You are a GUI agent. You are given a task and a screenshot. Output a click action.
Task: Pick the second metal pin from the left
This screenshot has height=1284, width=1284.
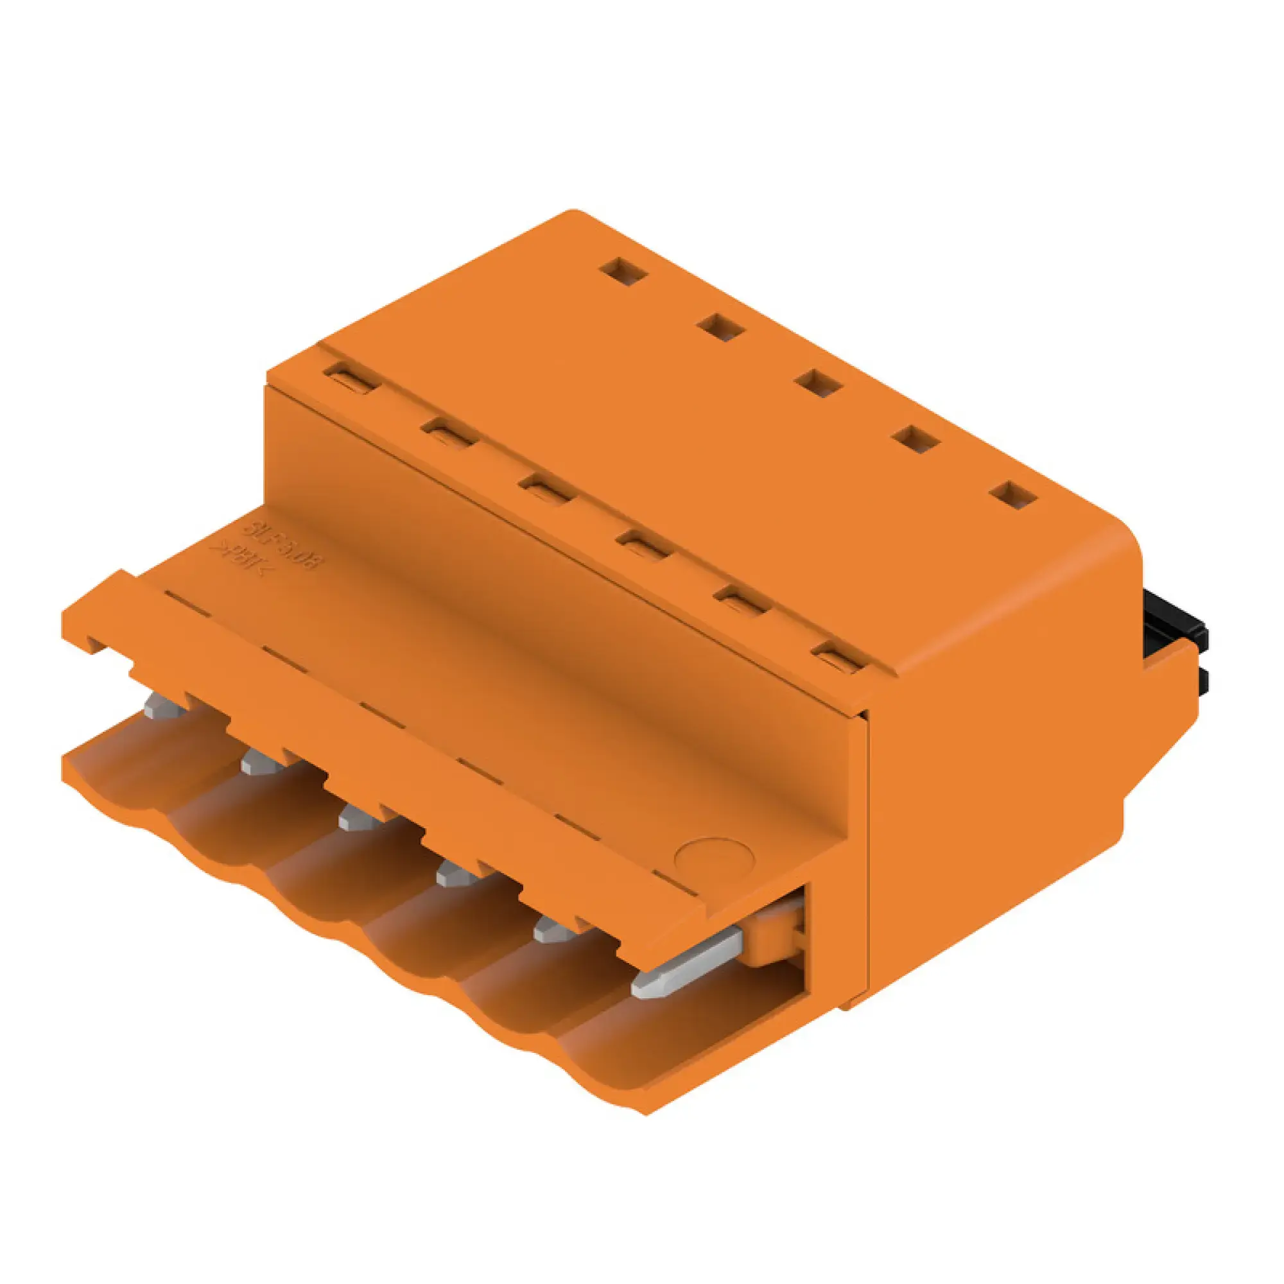pos(259,763)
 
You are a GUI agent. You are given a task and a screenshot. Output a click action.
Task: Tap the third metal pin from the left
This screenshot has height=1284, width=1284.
pos(356,819)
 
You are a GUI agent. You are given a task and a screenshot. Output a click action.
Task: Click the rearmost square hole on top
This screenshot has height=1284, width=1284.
pos(623,270)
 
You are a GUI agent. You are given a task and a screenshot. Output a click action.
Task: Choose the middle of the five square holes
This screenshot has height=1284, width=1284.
pos(819,384)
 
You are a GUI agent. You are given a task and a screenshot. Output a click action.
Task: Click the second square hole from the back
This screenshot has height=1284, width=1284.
pos(721,327)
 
